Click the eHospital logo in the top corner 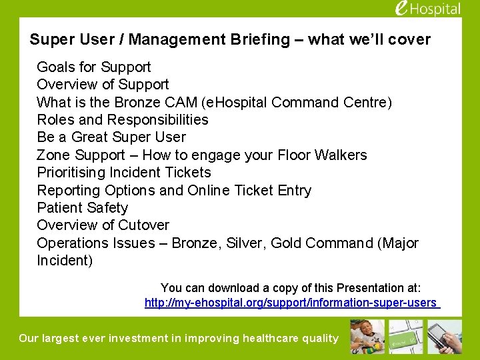point(427,9)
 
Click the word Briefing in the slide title point(253,40)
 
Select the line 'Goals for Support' point(93,67)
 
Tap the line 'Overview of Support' point(103,85)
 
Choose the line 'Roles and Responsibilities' point(122,120)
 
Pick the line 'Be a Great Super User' point(111,137)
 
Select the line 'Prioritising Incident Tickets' point(123,173)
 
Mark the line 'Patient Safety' point(82,208)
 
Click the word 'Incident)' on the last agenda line point(65,261)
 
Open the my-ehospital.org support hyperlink point(292,303)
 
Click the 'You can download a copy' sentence point(291,288)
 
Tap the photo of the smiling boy point(367,337)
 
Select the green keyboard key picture point(406,337)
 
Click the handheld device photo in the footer point(445,337)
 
